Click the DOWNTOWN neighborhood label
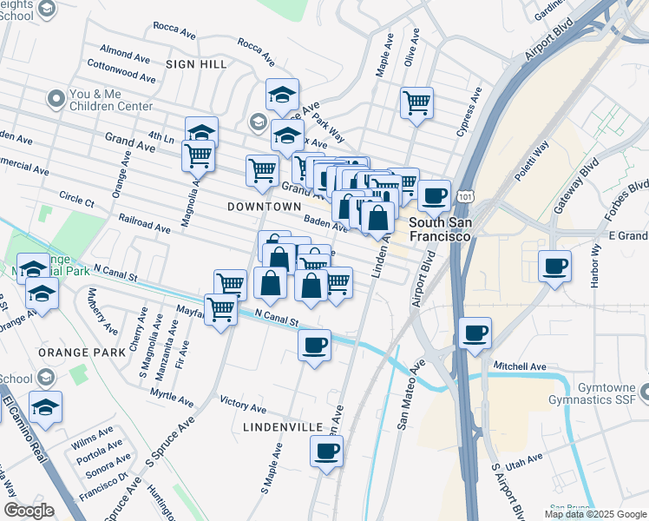[264, 207]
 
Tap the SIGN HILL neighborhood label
[196, 64]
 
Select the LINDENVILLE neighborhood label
[283, 427]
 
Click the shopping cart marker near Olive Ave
[417, 103]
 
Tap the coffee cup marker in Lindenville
[326, 451]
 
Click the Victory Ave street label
[243, 406]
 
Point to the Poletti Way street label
[532, 162]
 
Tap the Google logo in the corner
[29, 511]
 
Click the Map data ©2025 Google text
[595, 514]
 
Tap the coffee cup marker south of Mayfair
[314, 346]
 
